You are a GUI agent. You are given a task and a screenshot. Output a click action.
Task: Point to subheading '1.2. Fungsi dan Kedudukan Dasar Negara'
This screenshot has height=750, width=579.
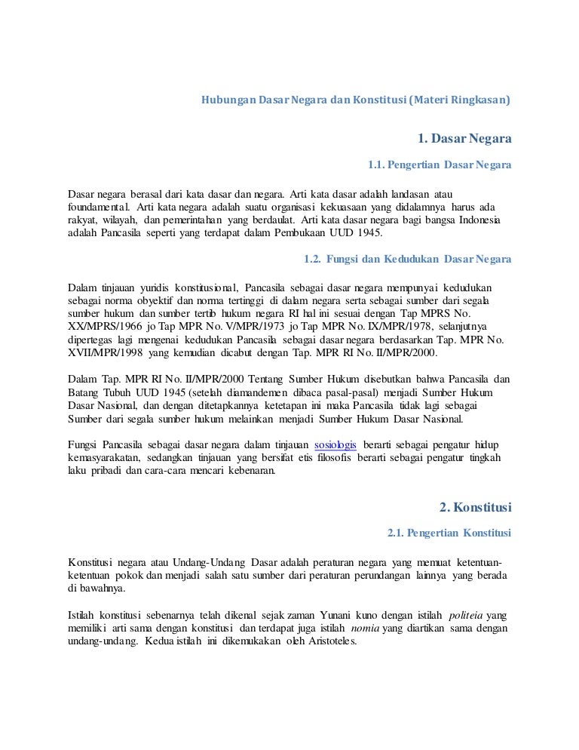(x=407, y=259)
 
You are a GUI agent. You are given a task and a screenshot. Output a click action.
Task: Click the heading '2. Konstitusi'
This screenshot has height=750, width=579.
(x=475, y=506)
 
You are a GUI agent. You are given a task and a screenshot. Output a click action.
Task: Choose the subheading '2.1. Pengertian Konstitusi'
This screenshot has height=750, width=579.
(x=449, y=533)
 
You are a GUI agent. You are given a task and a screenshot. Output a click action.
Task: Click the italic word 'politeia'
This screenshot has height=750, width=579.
(x=468, y=615)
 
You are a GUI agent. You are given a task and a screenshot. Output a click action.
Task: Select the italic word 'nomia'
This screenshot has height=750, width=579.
(x=365, y=629)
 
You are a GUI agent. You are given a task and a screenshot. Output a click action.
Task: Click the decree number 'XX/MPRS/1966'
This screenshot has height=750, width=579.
(x=99, y=327)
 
